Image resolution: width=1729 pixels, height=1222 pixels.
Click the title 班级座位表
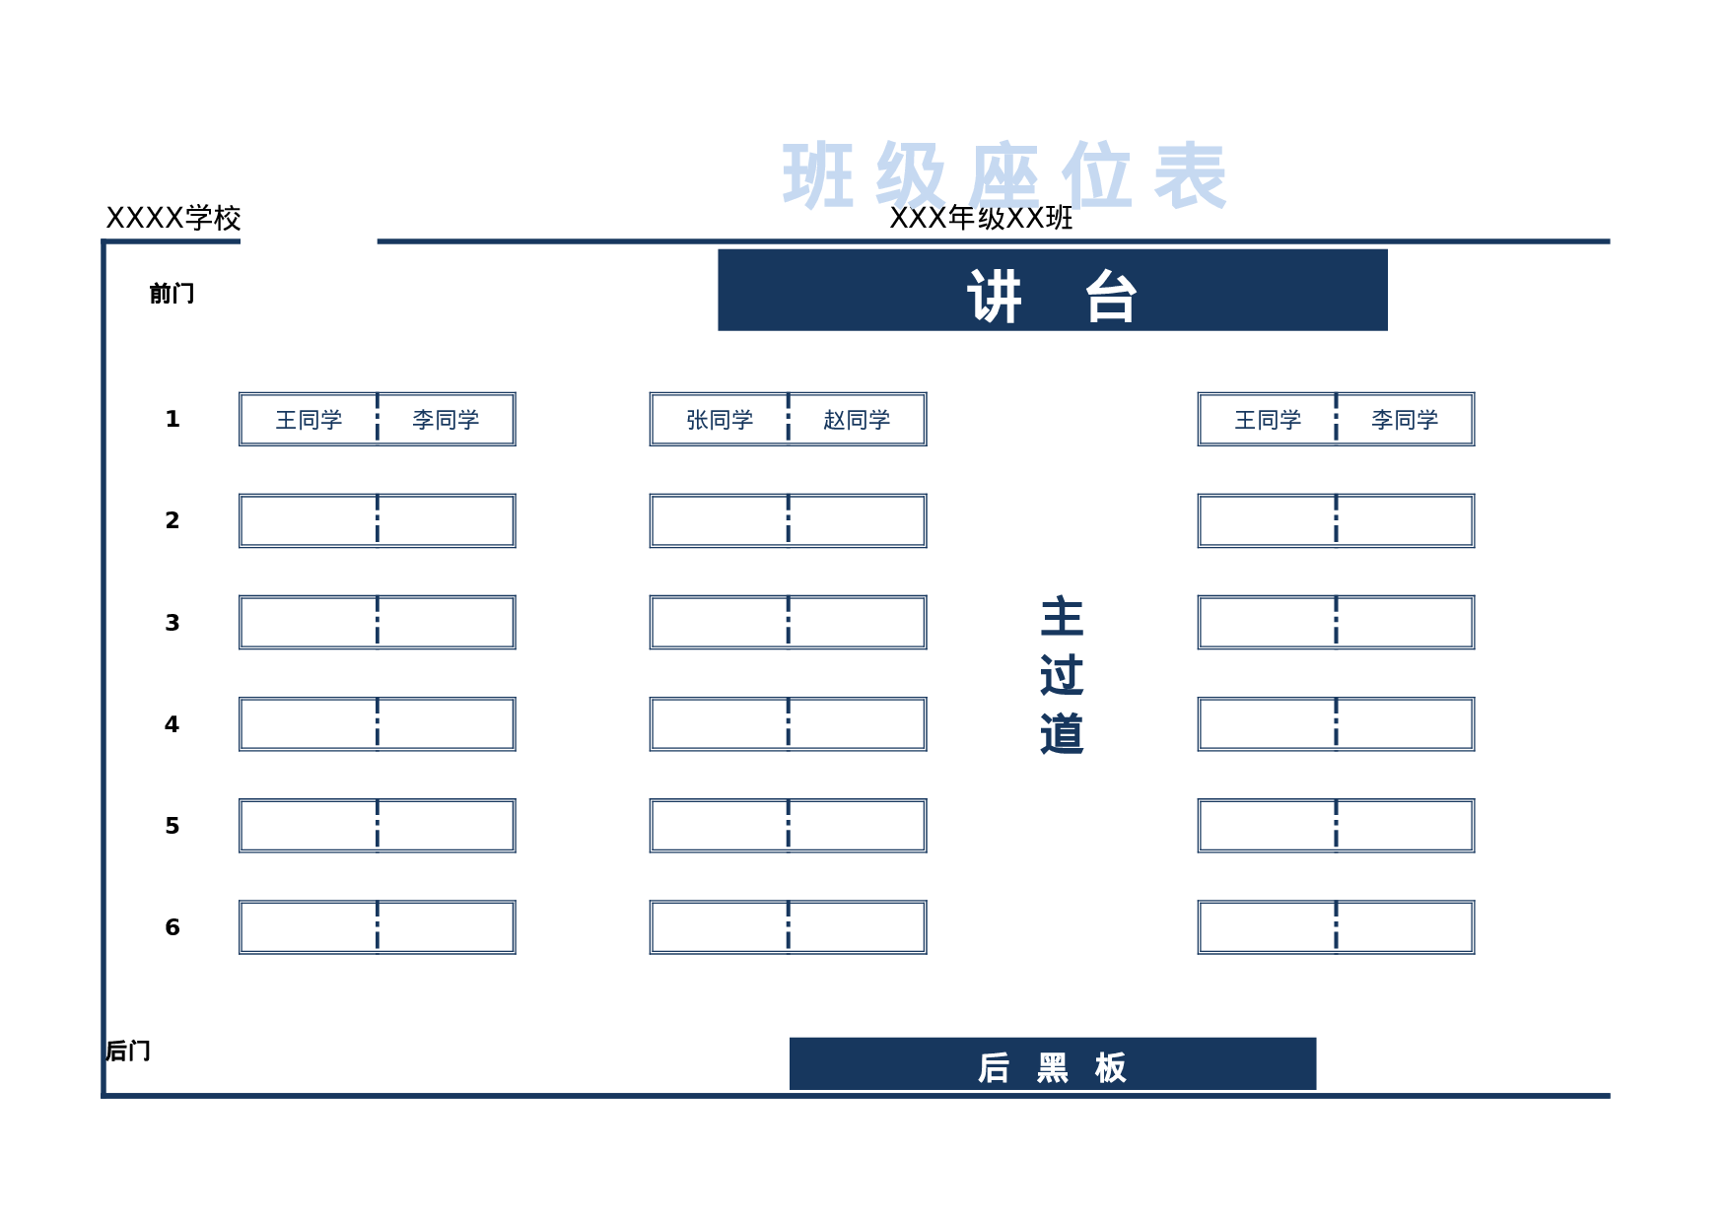pyautogui.click(x=1003, y=175)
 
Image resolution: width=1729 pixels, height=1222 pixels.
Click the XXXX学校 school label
pyautogui.click(x=173, y=218)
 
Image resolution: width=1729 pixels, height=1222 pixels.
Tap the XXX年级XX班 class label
pyautogui.click(x=981, y=218)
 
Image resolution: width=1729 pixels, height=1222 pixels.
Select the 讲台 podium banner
pyautogui.click(x=1052, y=291)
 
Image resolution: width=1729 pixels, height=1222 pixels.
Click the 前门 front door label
pyautogui.click(x=172, y=293)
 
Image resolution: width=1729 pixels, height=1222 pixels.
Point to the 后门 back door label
pyautogui.click(x=128, y=1051)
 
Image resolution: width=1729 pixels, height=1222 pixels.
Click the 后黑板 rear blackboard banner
pyautogui.click(x=1052, y=1065)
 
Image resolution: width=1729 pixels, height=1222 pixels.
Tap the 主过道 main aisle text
pyautogui.click(x=1062, y=676)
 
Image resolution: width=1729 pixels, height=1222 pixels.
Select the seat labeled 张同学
pyautogui.click(x=720, y=420)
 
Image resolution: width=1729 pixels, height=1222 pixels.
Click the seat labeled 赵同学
pyautogui.click(x=857, y=420)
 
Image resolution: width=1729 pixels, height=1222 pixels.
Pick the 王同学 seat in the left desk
pyautogui.click(x=309, y=420)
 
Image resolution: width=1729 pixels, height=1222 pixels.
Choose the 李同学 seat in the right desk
pyautogui.click(x=1405, y=420)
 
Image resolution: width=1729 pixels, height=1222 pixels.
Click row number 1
pyautogui.click(x=173, y=419)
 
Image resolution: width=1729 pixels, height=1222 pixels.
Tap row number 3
pyautogui.click(x=173, y=623)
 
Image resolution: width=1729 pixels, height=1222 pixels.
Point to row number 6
pyautogui.click(x=173, y=927)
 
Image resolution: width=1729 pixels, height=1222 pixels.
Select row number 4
pyautogui.click(x=173, y=724)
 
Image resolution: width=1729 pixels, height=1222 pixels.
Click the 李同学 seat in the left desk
pyautogui.click(x=446, y=420)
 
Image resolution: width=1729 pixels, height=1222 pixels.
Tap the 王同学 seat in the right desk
pyautogui.click(x=1268, y=420)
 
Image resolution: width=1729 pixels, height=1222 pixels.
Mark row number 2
pyautogui.click(x=173, y=520)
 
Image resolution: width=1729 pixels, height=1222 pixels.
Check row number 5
pyautogui.click(x=173, y=826)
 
